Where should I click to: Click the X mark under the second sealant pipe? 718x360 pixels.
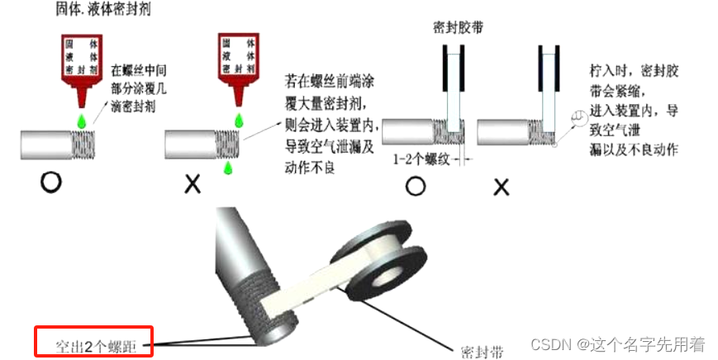(x=192, y=184)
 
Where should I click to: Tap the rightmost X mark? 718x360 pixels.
(x=501, y=187)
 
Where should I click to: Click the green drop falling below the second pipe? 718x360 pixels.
(x=228, y=168)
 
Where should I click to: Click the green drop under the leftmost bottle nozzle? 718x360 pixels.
(x=83, y=121)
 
